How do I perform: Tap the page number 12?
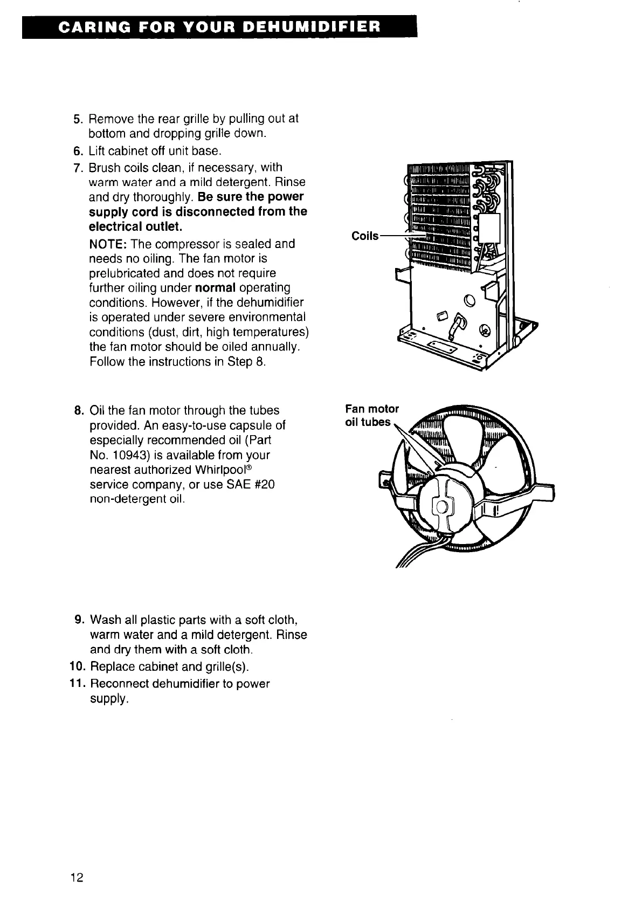[76, 878]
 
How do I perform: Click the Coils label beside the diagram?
[365, 236]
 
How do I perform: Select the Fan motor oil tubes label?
[371, 415]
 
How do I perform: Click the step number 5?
[77, 119]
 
